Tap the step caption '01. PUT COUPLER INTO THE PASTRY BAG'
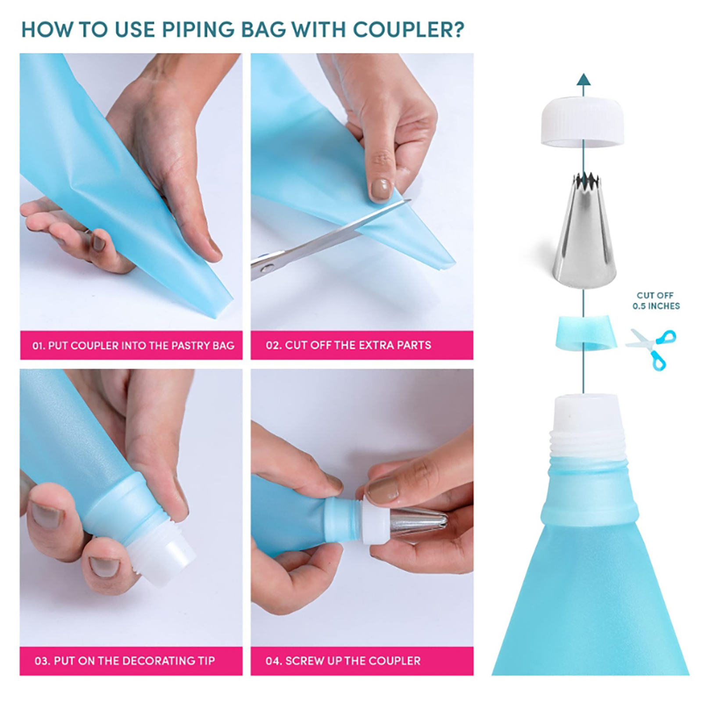tap(133, 345)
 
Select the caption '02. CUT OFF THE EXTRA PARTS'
tap(348, 345)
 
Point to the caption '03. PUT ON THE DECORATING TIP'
tap(125, 661)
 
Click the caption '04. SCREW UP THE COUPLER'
tap(343, 661)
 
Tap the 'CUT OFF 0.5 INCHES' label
tap(656, 301)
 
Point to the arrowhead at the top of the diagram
tap(583, 79)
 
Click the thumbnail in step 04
tap(383, 491)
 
